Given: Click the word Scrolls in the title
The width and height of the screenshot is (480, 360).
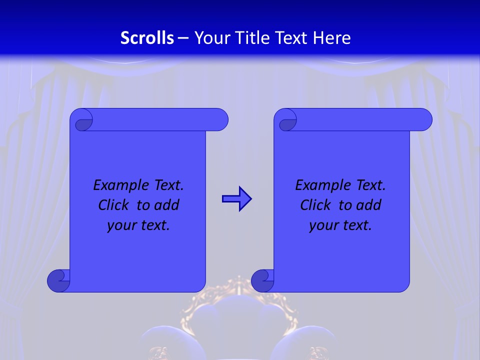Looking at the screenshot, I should tap(147, 38).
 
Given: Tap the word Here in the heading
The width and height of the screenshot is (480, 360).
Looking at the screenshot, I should tap(332, 38).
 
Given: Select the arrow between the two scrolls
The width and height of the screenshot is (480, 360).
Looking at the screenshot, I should tap(236, 199).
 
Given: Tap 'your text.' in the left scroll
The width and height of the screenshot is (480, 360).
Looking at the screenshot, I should tap(138, 225).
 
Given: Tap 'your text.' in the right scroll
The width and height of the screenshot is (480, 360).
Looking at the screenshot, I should tap(340, 225).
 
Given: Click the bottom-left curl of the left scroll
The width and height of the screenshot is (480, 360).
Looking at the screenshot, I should tap(58, 280).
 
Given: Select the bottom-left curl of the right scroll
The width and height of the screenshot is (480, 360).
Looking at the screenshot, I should tap(262, 280).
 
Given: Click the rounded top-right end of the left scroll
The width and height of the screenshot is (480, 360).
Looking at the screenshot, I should tap(220, 119).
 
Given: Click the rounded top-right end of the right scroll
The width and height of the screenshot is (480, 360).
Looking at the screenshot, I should tap(424, 119).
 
